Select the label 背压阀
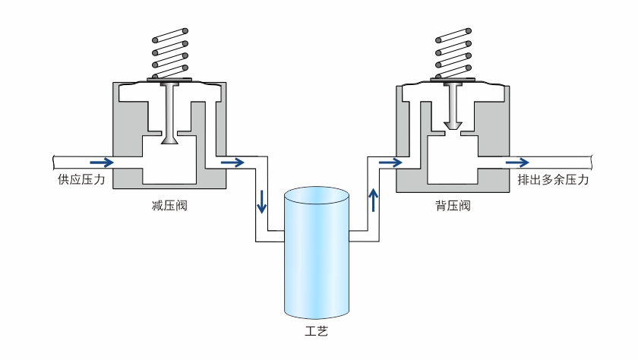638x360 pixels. [x=454, y=205]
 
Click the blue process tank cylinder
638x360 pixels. [x=316, y=258]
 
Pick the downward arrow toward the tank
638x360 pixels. [x=262, y=202]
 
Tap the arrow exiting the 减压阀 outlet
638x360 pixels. [x=232, y=162]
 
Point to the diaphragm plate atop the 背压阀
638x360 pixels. [x=454, y=82]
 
